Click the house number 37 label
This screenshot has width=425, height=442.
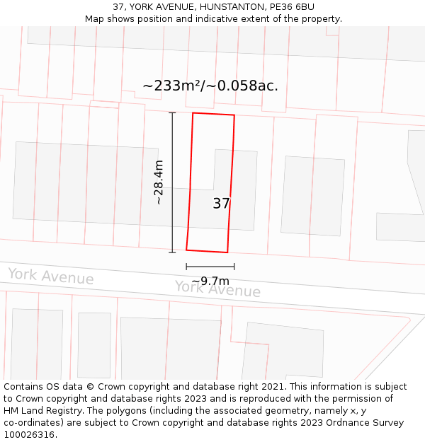(x=221, y=204)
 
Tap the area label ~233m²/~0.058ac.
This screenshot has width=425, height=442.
(x=210, y=86)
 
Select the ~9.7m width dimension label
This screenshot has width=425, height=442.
(x=210, y=281)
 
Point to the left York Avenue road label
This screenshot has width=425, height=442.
(x=50, y=277)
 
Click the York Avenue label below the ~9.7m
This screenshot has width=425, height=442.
(x=217, y=289)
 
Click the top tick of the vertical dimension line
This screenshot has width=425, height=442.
(x=172, y=112)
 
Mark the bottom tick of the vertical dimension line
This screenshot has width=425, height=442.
(x=172, y=252)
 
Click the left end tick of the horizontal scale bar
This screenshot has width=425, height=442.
(x=186, y=267)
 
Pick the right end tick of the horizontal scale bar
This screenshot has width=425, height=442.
(x=234, y=267)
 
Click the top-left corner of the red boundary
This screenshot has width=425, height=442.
(x=193, y=113)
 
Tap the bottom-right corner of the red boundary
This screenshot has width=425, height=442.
(x=227, y=252)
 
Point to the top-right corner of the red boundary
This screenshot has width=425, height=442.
(x=234, y=115)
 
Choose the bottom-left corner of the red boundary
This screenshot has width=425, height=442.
(x=186, y=250)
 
